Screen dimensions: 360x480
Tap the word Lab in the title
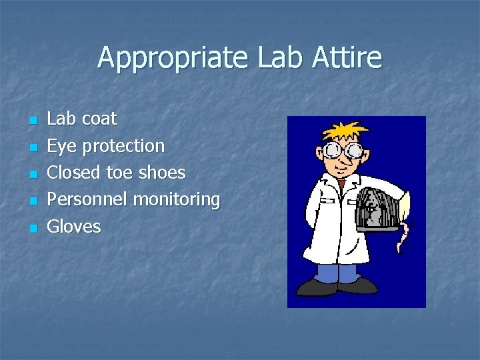point(273,58)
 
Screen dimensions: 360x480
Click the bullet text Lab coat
point(81,119)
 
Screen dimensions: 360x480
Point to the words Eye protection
point(105,146)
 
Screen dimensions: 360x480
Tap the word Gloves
point(73,227)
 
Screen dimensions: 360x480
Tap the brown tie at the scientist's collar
point(341,182)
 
